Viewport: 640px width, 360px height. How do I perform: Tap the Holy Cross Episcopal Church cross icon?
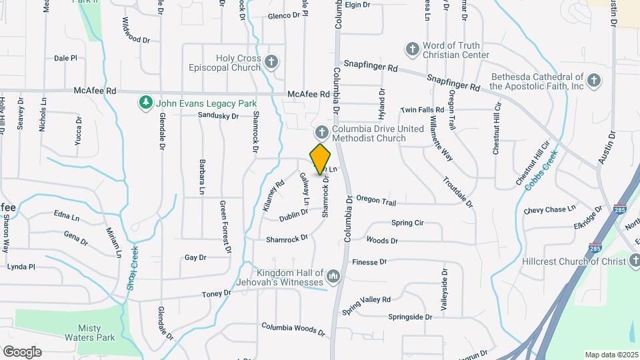[271, 63]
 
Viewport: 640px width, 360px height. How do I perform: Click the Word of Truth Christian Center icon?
[412, 49]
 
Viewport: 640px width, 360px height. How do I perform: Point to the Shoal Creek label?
[134, 263]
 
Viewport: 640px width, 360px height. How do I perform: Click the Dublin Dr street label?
[293, 215]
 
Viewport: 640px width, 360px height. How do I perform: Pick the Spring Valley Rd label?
[367, 306]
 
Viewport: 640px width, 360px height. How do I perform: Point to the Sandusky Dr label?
[218, 116]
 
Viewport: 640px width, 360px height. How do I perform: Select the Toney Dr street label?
[217, 293]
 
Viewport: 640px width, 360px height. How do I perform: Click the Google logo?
[22, 352]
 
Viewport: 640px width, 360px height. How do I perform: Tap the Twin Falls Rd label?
[422, 109]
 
